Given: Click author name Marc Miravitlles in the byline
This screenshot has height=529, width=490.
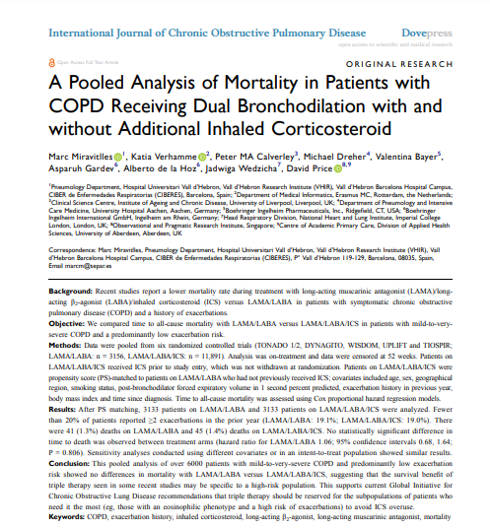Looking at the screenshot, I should (83, 158).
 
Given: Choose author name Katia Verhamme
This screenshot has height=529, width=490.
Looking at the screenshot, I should (166, 158).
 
